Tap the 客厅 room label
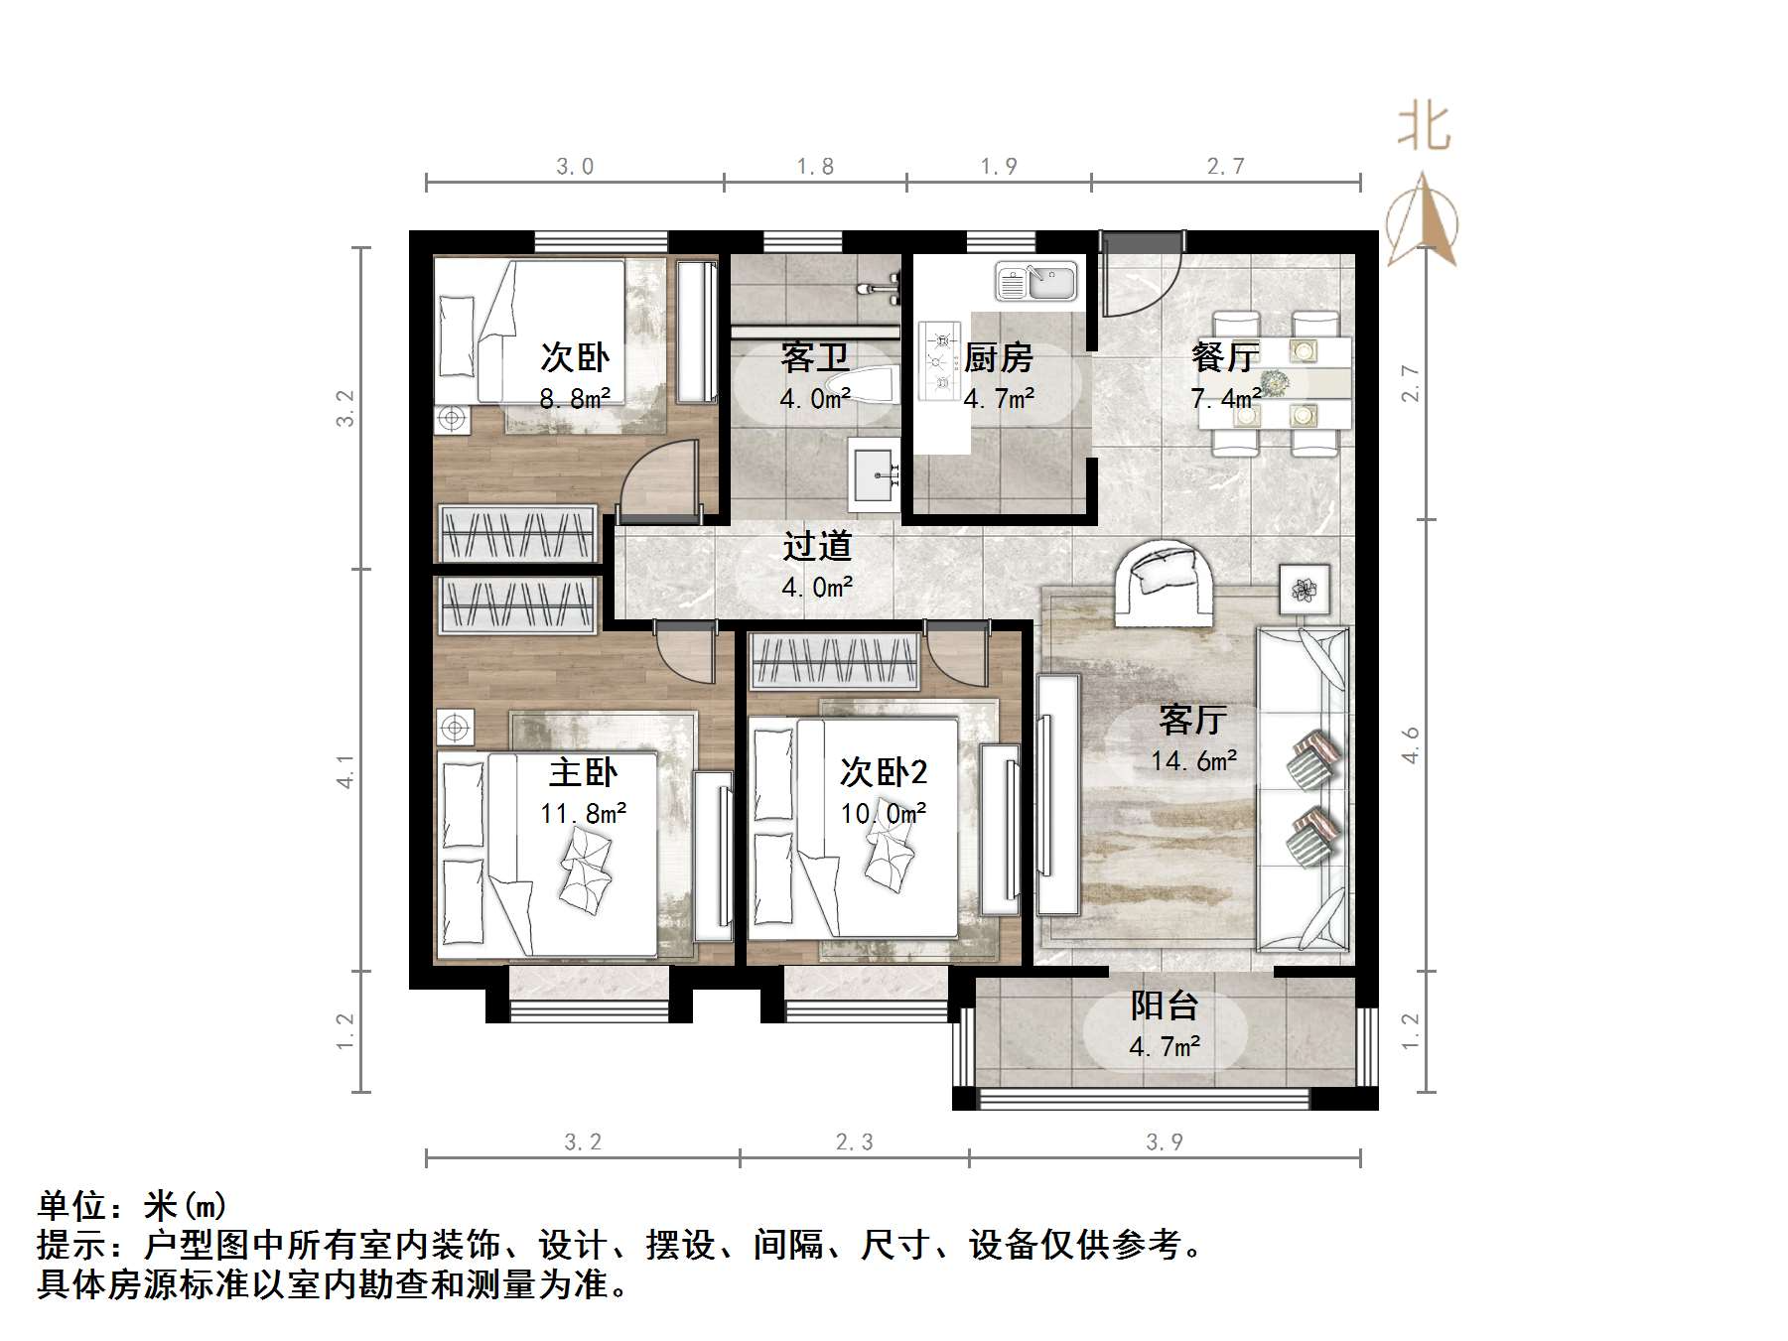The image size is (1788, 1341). [1192, 720]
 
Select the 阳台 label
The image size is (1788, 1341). [1165, 1006]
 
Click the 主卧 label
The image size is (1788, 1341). [583, 772]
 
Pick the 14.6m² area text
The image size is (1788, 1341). [1193, 761]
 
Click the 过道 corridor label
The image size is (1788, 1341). [817, 546]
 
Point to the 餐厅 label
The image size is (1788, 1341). [1225, 356]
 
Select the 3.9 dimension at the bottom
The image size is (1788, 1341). [1164, 1141]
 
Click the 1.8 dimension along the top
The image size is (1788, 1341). [815, 167]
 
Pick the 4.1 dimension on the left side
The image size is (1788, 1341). [344, 770]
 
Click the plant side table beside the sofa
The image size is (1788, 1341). [1304, 590]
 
